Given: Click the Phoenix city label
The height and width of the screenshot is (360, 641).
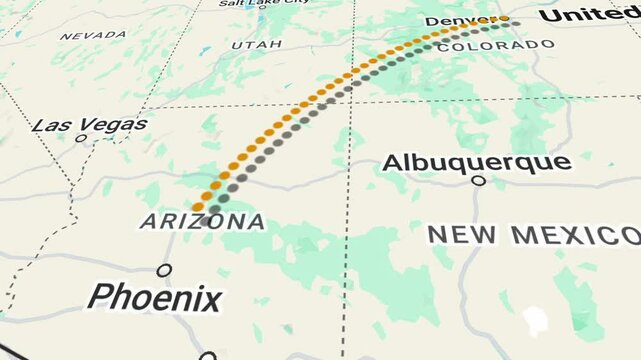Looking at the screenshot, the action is click(x=154, y=297).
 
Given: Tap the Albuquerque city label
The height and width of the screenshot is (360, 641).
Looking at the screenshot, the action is click(x=477, y=162).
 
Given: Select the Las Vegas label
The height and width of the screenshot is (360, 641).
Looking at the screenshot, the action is click(x=89, y=125).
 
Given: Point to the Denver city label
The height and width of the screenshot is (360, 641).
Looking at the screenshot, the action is click(x=459, y=21).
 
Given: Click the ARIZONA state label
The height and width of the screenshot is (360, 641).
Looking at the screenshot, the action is click(x=202, y=221).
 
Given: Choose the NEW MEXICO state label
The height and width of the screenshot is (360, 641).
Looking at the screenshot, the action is click(x=533, y=235).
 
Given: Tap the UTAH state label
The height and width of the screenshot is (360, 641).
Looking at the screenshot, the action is click(x=257, y=45).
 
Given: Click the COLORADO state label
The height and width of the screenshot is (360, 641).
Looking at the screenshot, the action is click(x=495, y=46).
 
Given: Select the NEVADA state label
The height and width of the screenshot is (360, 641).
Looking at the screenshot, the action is click(x=93, y=35).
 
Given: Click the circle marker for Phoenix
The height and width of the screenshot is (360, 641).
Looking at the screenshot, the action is click(x=164, y=270).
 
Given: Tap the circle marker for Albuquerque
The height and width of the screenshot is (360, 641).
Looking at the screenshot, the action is click(x=478, y=181).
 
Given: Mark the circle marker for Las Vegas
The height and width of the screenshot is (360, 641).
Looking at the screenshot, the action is click(x=81, y=138).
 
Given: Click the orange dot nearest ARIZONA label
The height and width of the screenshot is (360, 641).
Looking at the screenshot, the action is click(x=198, y=207).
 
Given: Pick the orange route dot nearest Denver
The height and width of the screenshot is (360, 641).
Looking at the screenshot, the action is click(x=504, y=18).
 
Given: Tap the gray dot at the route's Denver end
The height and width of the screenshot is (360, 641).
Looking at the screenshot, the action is click(x=515, y=23).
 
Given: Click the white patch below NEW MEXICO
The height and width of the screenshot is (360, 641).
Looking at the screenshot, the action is click(x=536, y=320).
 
